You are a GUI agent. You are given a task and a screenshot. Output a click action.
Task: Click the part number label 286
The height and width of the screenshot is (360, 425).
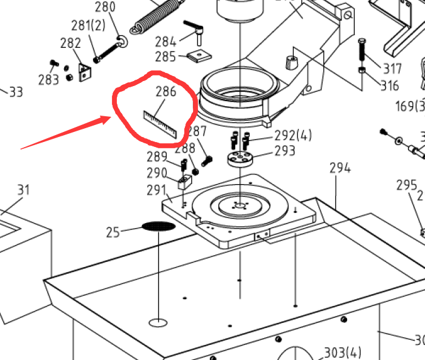click(x=166, y=91)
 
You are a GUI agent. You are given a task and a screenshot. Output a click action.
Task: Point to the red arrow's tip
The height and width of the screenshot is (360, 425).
click(x=111, y=116)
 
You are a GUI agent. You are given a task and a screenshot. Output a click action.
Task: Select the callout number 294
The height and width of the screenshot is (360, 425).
click(x=340, y=168)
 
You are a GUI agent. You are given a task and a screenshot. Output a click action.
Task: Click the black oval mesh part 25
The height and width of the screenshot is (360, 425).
click(x=158, y=226)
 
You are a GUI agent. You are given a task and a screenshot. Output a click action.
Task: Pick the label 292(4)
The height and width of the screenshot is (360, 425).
click(x=293, y=136)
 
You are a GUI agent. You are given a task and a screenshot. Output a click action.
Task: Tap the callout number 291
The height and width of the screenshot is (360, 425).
click(x=157, y=190)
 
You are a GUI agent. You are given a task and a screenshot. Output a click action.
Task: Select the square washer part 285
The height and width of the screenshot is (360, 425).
click(x=200, y=56)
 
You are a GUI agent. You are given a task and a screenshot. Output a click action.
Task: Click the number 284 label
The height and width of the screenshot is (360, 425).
click(x=166, y=42)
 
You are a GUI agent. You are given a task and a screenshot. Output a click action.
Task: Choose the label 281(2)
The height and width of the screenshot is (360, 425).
click(x=88, y=26)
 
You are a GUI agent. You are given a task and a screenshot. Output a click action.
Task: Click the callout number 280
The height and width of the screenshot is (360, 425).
click(x=105, y=8)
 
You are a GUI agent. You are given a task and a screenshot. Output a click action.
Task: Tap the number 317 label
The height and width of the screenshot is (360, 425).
click(x=392, y=67)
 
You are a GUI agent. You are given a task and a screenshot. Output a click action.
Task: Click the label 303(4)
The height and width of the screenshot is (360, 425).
click(x=342, y=352)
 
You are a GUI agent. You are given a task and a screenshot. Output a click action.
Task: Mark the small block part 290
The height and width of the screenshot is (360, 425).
click(x=184, y=183)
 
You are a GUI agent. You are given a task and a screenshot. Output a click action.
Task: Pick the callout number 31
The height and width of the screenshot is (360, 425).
click(x=23, y=190)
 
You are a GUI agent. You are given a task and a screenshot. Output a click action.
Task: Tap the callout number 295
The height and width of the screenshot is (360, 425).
click(x=406, y=185)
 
